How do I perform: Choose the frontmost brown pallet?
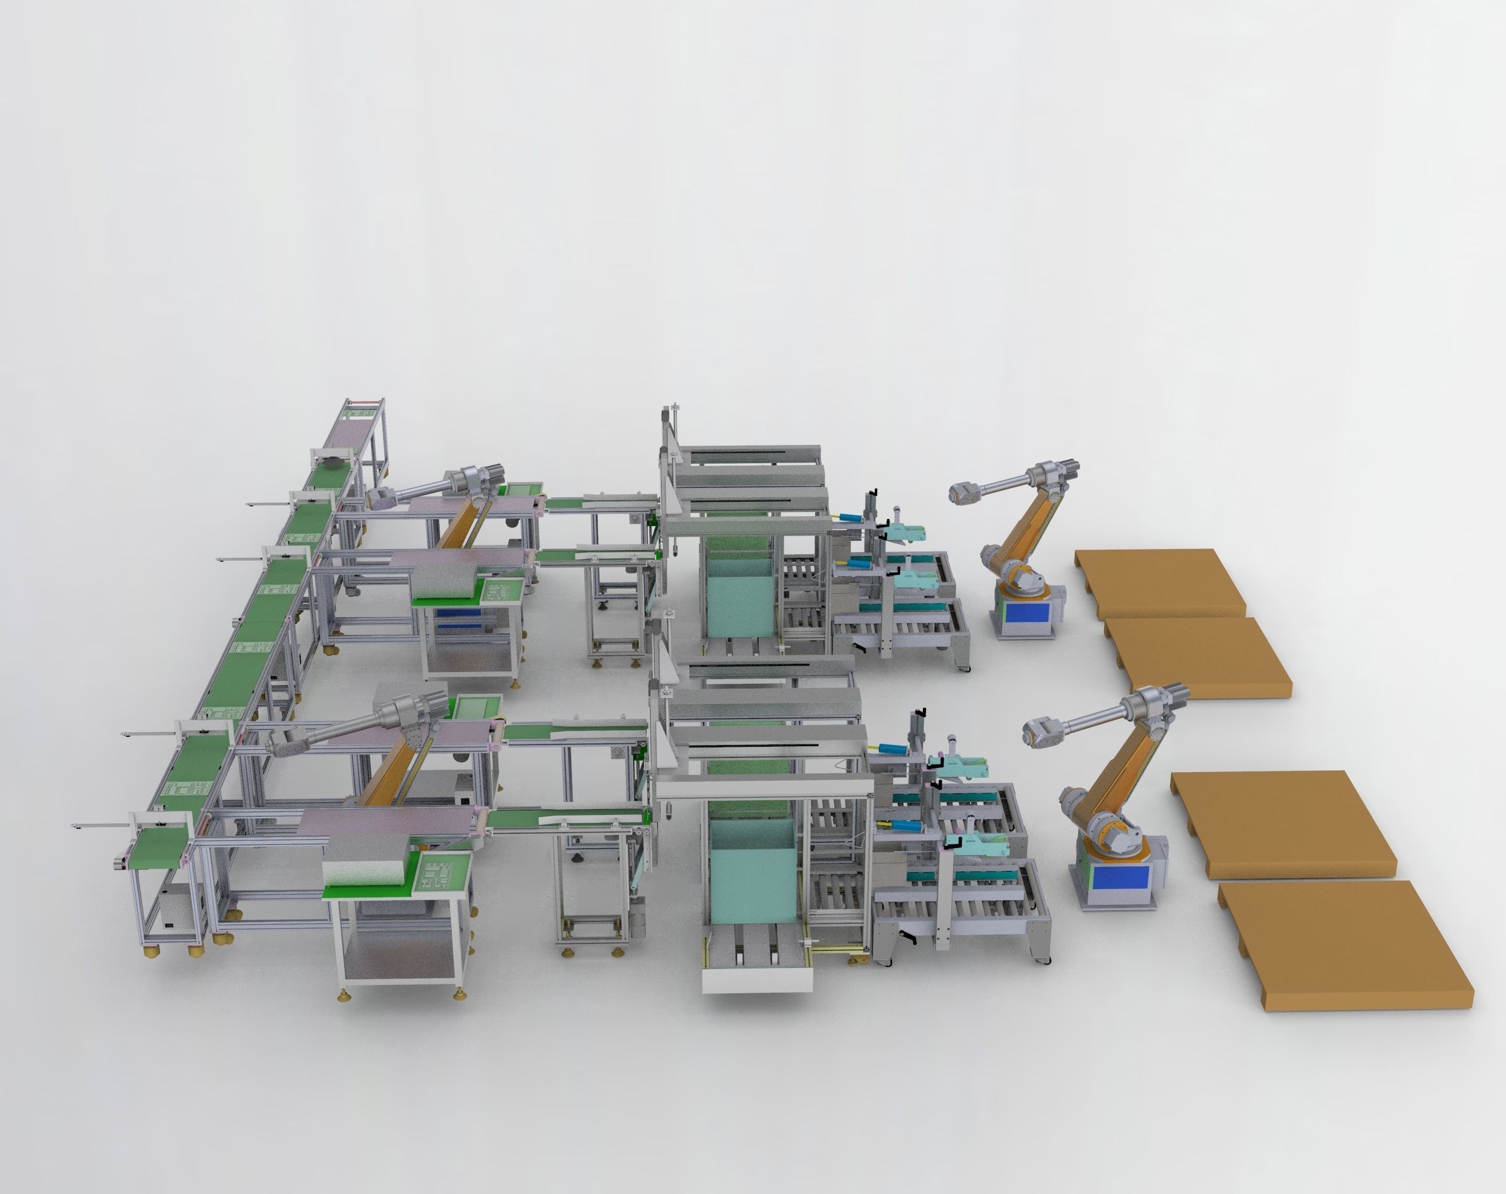(x=1341, y=943)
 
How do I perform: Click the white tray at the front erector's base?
(x=757, y=978)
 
